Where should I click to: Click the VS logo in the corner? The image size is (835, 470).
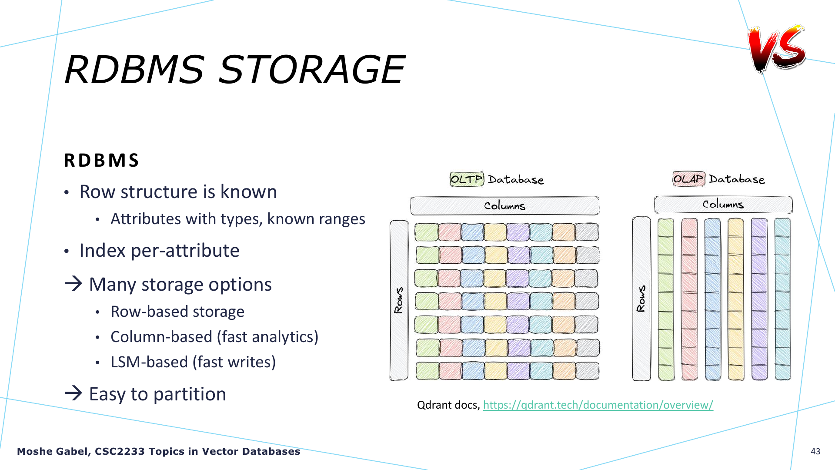(777, 48)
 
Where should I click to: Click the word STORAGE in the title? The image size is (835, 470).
(311, 70)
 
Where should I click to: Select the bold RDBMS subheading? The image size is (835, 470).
(101, 160)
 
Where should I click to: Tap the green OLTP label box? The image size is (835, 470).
(467, 179)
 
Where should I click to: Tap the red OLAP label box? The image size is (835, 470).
(689, 179)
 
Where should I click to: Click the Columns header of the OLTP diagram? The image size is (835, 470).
(505, 206)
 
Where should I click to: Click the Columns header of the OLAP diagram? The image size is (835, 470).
(723, 205)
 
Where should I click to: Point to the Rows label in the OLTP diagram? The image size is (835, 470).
(399, 300)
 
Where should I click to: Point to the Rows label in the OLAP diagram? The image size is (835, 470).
(641, 299)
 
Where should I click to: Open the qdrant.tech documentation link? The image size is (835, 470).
(598, 405)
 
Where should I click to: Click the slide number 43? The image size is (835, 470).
(815, 451)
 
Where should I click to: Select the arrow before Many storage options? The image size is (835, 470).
(73, 284)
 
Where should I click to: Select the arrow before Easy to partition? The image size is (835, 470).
(73, 393)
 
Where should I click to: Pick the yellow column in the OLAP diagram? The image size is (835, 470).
(736, 299)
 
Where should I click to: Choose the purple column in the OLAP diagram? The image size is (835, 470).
(759, 299)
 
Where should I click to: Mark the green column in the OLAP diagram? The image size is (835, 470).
(666, 299)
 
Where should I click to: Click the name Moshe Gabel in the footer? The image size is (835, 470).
(53, 452)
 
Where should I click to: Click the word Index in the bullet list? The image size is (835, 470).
(102, 251)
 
